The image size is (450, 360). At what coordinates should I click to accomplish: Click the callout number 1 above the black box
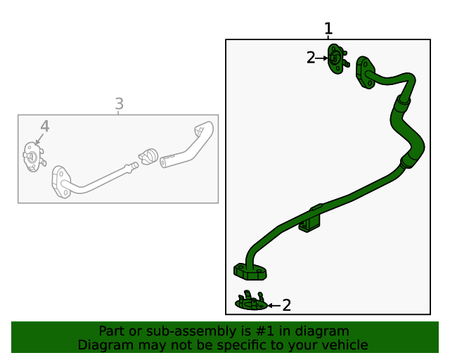coord(328,29)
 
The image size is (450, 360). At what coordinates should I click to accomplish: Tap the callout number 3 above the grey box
coord(120,104)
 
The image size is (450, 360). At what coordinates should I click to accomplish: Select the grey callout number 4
coord(45,127)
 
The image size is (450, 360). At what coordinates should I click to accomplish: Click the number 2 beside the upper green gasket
coord(311,58)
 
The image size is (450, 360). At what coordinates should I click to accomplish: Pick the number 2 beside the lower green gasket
coord(286,305)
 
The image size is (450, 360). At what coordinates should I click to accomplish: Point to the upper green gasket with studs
coord(337,59)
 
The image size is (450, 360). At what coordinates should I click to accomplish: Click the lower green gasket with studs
coord(251,301)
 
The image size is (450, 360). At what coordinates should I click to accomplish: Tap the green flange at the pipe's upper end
coord(365,72)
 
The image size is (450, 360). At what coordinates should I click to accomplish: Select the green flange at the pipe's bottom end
coord(250,271)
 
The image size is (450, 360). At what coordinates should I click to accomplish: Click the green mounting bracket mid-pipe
coord(310,219)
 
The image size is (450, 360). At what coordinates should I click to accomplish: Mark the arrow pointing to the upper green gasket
coord(321,58)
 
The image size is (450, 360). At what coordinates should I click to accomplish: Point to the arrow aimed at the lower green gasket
coord(274,306)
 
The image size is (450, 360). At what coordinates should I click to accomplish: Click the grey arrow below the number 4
coord(39,139)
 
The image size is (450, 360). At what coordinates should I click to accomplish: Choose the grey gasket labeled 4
coord(34,157)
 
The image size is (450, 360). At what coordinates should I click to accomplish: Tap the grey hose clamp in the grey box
coord(148,157)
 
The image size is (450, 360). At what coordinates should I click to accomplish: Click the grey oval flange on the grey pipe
coord(61,182)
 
